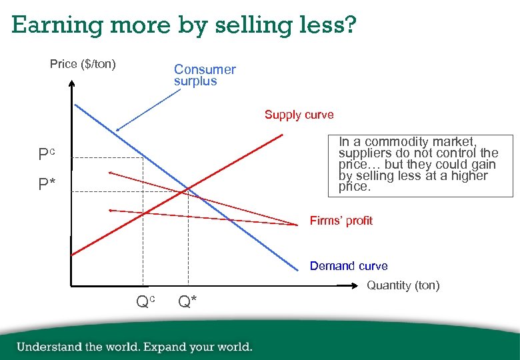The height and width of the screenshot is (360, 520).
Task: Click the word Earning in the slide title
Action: point(53,25)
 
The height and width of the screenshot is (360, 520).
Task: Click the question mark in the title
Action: point(350,25)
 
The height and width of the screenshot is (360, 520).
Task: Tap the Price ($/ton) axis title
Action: point(83,64)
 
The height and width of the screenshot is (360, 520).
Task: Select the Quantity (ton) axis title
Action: point(403,285)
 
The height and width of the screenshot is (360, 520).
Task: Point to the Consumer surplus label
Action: point(205,75)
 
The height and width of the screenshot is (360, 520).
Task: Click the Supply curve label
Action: point(299,115)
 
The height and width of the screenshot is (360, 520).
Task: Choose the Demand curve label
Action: point(348,266)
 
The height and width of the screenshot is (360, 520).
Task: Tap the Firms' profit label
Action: point(341,221)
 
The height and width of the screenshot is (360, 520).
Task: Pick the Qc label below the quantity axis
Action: point(145,302)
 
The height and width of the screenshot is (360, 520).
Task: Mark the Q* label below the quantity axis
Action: point(187,302)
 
